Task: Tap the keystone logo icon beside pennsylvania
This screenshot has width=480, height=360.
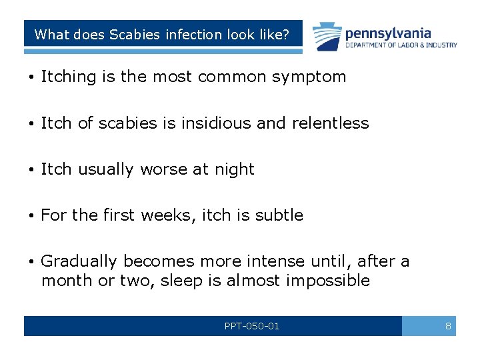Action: point(327,36)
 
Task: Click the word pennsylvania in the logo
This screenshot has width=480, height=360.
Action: point(388,33)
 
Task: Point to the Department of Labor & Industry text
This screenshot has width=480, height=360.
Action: point(401,45)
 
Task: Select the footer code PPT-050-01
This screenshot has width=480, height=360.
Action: point(252,326)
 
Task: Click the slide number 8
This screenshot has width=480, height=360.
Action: point(448,326)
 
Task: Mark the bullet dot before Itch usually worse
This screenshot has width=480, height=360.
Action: point(32,170)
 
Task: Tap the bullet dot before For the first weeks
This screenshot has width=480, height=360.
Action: point(32,216)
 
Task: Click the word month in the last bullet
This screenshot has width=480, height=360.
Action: point(67,280)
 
